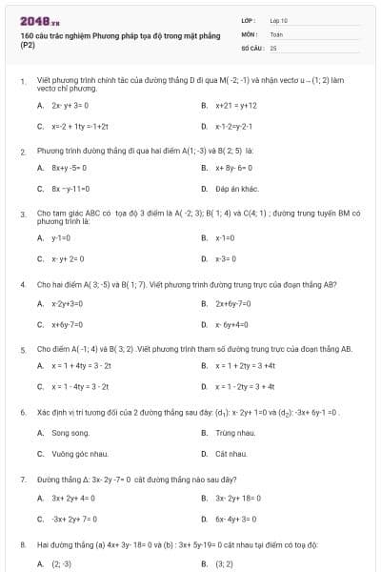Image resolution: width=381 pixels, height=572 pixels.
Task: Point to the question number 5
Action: click(x=23, y=349)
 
